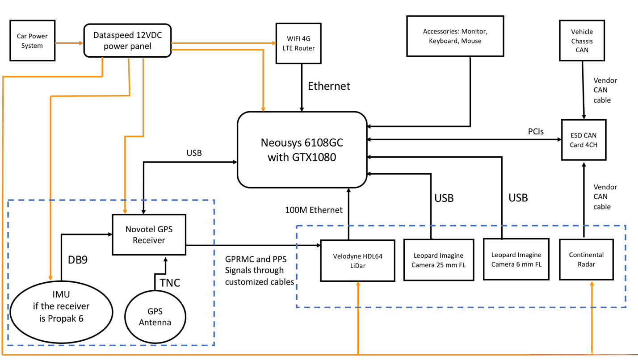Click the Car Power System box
(x=32, y=41)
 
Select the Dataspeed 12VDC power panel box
(x=127, y=41)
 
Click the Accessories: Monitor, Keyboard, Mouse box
(x=455, y=36)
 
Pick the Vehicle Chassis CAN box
(x=582, y=41)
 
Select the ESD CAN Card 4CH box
(x=583, y=140)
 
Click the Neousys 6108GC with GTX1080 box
(x=302, y=150)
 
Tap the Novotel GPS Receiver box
(x=149, y=235)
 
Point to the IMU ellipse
(x=61, y=311)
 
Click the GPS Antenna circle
(x=155, y=317)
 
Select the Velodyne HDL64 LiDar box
(x=357, y=261)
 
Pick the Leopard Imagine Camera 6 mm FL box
(x=516, y=260)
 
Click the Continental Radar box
(x=586, y=260)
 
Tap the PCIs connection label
(x=535, y=132)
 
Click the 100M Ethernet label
(x=314, y=209)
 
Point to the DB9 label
(x=77, y=260)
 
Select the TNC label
(x=170, y=282)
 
